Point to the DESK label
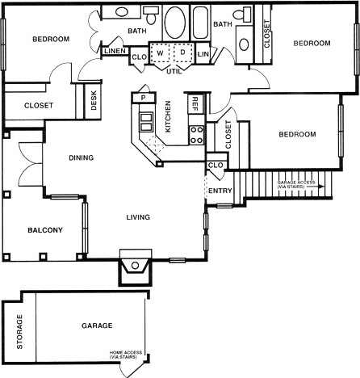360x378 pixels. (x=93, y=100)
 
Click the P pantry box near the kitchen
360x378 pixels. (x=143, y=97)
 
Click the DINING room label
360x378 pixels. (x=81, y=157)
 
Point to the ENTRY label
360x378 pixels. (x=220, y=191)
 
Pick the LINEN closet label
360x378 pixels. (x=113, y=52)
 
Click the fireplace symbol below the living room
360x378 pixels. (x=135, y=266)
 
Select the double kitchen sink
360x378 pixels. (x=147, y=122)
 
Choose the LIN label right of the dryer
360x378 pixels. (x=203, y=54)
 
